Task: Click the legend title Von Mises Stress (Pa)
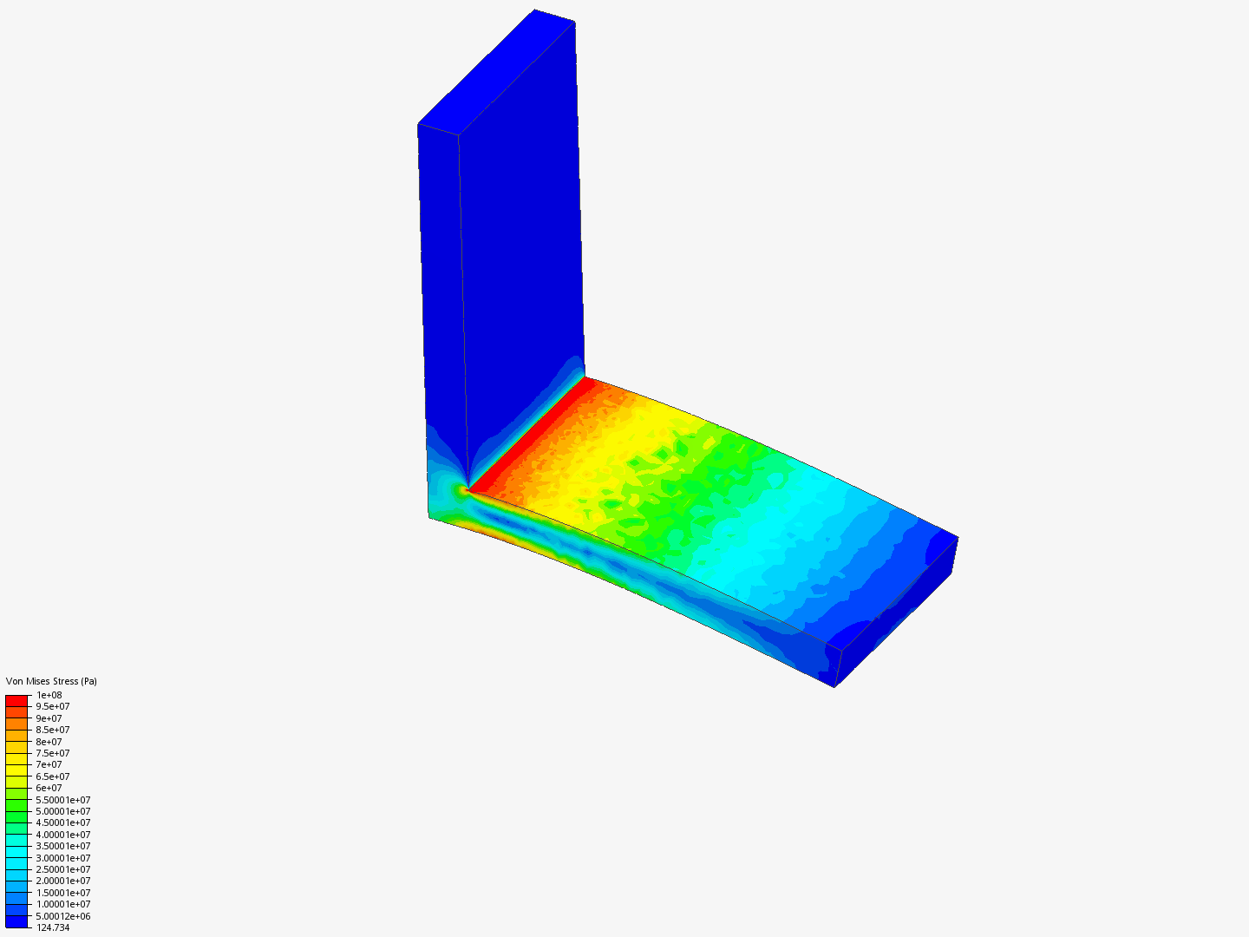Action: point(51,681)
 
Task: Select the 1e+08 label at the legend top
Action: point(49,695)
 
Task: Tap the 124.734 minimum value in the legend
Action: point(53,927)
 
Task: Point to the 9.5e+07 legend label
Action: point(53,706)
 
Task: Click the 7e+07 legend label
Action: point(49,764)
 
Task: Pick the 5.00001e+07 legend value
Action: point(63,811)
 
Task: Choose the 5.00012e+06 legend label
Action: point(63,916)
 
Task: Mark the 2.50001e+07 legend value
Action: point(63,869)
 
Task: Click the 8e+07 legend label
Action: point(49,742)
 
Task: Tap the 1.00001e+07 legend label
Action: point(63,904)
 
